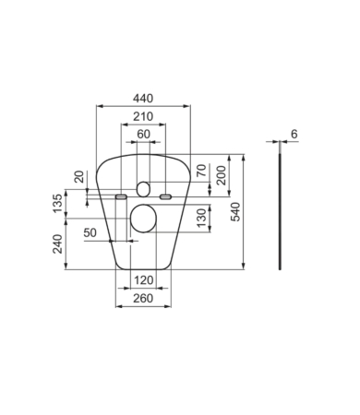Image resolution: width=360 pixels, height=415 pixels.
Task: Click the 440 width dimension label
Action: [x=142, y=98]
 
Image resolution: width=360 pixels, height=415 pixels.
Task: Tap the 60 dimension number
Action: [x=142, y=134]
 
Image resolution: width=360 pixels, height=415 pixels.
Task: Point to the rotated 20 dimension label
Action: [x=79, y=177]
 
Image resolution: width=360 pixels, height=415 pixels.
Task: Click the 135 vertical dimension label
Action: [x=58, y=204]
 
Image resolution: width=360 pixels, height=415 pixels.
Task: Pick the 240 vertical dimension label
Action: [x=58, y=244]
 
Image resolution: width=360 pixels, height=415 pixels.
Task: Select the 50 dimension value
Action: [x=90, y=233]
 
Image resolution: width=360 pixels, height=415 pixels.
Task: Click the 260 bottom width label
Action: [x=142, y=298]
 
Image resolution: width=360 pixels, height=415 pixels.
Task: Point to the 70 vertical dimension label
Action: [x=200, y=171]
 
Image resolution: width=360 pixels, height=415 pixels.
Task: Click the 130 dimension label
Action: [x=200, y=219]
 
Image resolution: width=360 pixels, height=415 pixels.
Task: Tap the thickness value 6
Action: [x=294, y=134]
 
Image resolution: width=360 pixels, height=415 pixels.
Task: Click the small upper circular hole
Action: [x=142, y=189]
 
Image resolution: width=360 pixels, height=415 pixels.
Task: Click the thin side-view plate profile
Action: [x=280, y=212]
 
